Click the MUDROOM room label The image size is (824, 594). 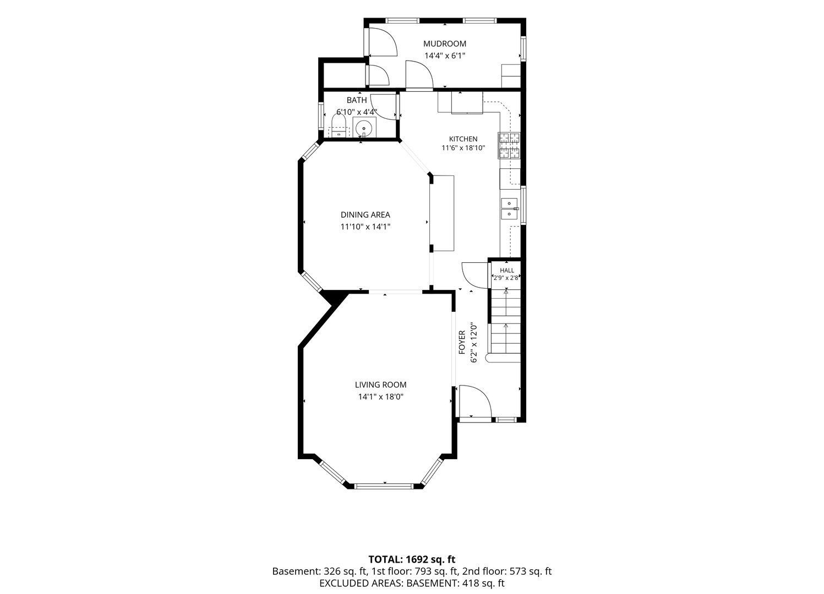445,44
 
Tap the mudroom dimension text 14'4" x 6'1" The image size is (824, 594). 445,56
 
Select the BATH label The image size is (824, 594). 357,100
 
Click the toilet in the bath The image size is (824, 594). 339,126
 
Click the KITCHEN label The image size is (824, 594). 463,139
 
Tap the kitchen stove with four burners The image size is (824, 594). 510,146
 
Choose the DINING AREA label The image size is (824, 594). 365,215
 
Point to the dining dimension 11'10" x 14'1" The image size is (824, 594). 365,227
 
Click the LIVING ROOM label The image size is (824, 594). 381,385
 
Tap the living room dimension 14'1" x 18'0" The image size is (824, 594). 381,397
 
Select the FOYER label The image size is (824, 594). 462,342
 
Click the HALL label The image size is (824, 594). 507,271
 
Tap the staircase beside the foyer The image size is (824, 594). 505,325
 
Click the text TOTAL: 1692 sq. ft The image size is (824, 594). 412,559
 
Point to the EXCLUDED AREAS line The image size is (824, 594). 412,583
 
